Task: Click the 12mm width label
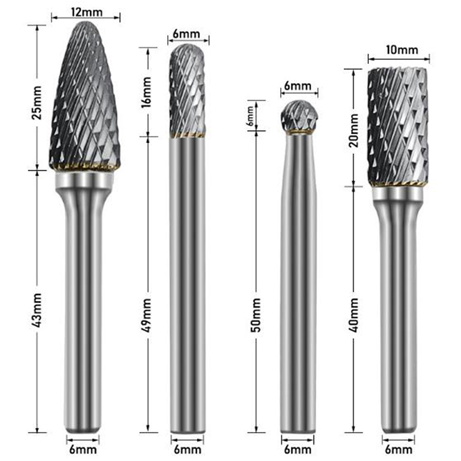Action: (x=87, y=12)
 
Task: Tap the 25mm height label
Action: (x=37, y=103)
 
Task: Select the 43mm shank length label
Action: (x=37, y=311)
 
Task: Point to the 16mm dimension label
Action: (x=146, y=92)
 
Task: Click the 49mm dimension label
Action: (x=146, y=315)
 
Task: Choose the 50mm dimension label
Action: (x=256, y=315)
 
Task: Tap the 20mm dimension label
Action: (x=353, y=130)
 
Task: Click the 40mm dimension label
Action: (x=353, y=315)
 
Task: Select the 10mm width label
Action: (x=402, y=50)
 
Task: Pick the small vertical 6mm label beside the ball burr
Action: (x=250, y=116)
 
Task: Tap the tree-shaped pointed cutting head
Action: (x=85, y=96)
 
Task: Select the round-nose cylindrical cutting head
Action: (x=187, y=91)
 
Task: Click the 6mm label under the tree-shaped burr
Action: (x=83, y=450)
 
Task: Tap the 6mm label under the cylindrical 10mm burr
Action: (x=398, y=450)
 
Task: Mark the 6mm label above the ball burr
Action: (x=297, y=86)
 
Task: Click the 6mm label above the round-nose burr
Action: (x=186, y=34)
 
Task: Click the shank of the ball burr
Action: (x=298, y=283)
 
